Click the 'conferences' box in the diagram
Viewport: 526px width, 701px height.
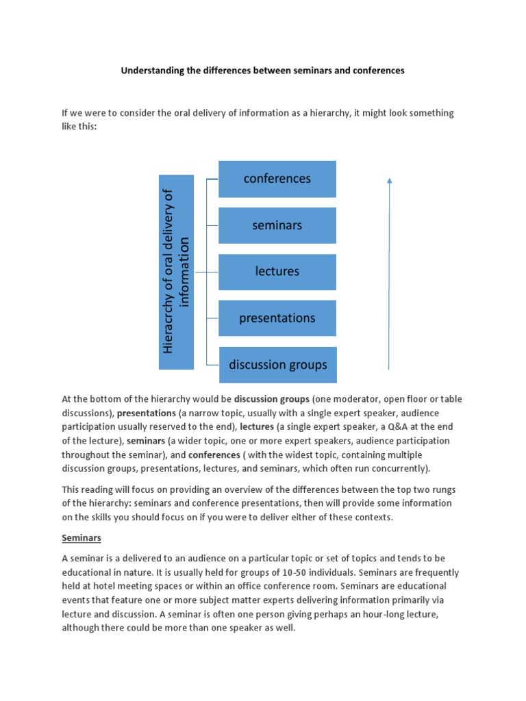pos(277,179)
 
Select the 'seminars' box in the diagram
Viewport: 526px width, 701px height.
pos(277,225)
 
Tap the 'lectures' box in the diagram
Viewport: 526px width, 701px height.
pos(277,272)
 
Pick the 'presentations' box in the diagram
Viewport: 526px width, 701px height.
pos(277,318)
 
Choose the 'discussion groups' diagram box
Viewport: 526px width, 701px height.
pos(277,364)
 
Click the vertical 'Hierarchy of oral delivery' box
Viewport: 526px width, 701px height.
pos(176,272)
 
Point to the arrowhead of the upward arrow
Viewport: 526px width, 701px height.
pos(389,181)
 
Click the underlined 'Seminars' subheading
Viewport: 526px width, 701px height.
pos(82,539)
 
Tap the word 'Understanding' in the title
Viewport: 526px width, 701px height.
pos(153,71)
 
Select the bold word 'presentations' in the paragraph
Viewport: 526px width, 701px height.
pos(147,413)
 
